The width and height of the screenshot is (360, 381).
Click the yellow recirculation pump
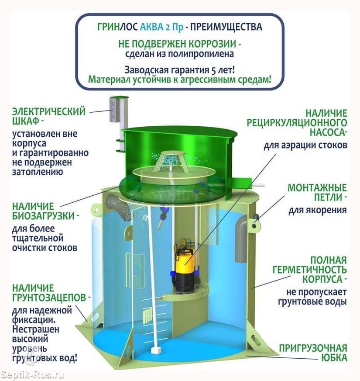[x=184, y=266]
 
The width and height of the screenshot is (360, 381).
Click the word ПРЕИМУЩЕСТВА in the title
[x=226, y=27]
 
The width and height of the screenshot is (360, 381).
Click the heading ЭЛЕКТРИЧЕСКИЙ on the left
[x=49, y=111]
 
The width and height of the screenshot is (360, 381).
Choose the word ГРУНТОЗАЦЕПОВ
[x=49, y=298]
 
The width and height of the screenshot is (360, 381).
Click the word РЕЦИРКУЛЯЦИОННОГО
[x=297, y=123]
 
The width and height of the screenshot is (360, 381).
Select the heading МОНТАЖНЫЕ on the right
[x=317, y=188]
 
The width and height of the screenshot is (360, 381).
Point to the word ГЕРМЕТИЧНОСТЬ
[x=309, y=270]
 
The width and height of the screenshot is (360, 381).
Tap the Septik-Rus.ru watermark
[x=32, y=375]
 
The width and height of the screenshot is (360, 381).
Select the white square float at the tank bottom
[x=155, y=350]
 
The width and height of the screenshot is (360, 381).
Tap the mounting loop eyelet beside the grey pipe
[x=254, y=225]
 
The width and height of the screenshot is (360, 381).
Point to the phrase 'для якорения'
[x=318, y=210]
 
